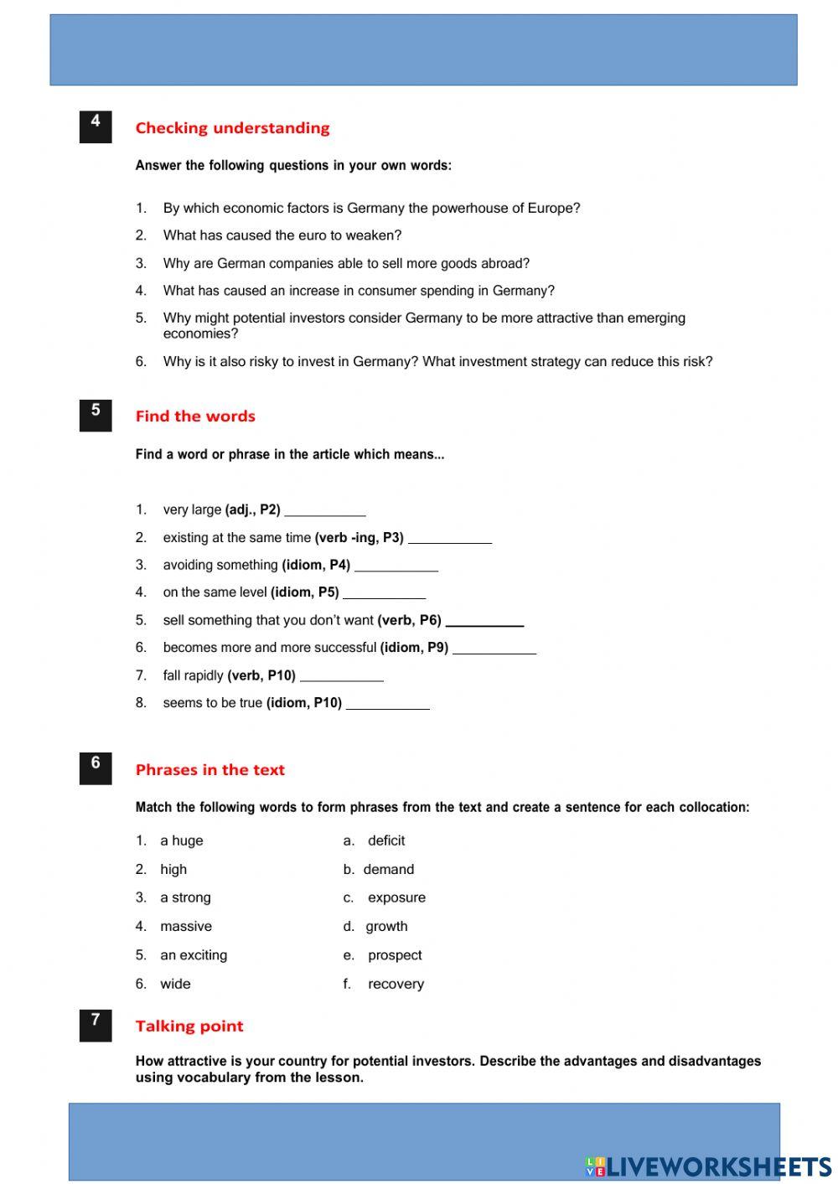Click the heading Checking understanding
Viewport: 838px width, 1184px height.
tap(232, 128)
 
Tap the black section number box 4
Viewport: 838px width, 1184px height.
tap(96, 127)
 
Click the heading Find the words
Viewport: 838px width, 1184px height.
tap(195, 416)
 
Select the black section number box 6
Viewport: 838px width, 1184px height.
tap(96, 768)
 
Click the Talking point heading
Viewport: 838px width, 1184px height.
tap(189, 1026)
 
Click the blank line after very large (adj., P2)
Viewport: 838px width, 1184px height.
tap(325, 510)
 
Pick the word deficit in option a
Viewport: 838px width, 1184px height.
tap(386, 840)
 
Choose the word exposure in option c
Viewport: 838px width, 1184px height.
tap(396, 897)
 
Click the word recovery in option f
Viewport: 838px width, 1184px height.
tap(396, 985)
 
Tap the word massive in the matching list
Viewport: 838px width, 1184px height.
tap(186, 927)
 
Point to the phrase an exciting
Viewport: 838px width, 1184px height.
tap(194, 955)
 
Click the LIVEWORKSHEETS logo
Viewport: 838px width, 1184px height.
tap(708, 1166)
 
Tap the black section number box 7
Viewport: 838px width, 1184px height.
tap(96, 1026)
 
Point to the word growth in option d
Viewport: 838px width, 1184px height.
tap(386, 927)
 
